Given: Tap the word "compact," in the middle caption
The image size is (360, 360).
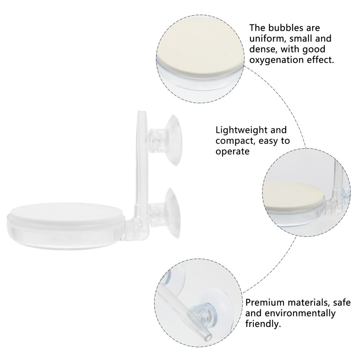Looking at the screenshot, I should pyautogui.click(x=231, y=140).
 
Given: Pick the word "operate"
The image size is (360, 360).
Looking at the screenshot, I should pyautogui.click(x=233, y=151).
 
